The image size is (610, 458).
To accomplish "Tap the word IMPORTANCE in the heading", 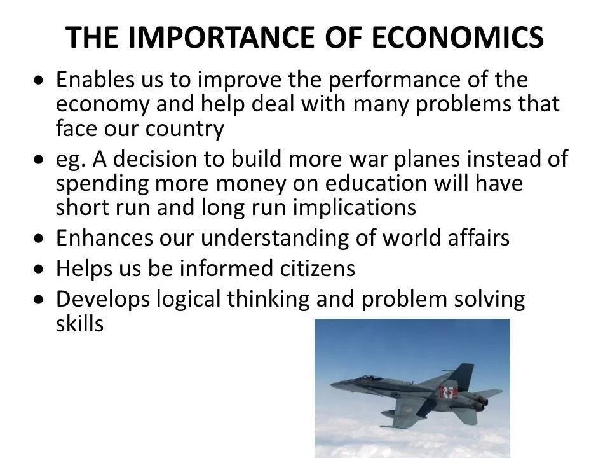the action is click(x=220, y=38).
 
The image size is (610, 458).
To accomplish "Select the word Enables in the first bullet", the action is click(x=95, y=80).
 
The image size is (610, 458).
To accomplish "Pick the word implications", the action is click(x=355, y=208).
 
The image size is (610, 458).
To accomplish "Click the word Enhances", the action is click(x=104, y=238).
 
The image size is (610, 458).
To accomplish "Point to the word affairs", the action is click(x=478, y=237).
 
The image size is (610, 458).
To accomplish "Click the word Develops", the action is click(x=103, y=300).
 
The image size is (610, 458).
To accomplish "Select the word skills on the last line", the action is click(x=80, y=323).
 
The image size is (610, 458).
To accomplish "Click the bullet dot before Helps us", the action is click(x=39, y=269).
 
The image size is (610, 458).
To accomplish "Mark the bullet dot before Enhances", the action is click(x=39, y=239).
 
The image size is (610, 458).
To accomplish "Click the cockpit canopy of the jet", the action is click(x=370, y=378).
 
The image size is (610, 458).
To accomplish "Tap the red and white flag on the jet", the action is click(x=448, y=392).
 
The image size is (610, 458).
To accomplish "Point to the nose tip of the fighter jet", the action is click(x=331, y=385).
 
